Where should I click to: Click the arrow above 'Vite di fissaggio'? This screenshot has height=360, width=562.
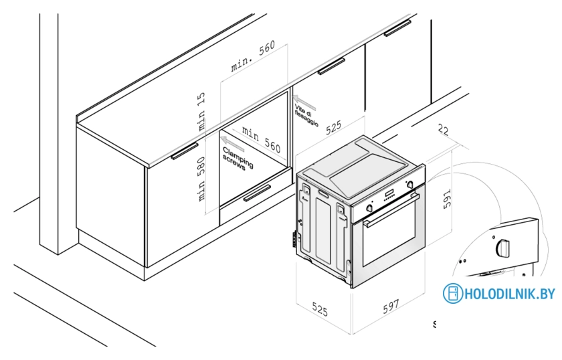[x=306, y=98]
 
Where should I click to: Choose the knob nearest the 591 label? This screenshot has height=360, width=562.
[x=410, y=184]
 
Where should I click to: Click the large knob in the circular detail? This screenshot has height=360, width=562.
[x=502, y=248]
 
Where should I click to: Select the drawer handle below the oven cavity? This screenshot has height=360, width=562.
[x=257, y=194]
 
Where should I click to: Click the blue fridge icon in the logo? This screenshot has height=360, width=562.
[x=453, y=294]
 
